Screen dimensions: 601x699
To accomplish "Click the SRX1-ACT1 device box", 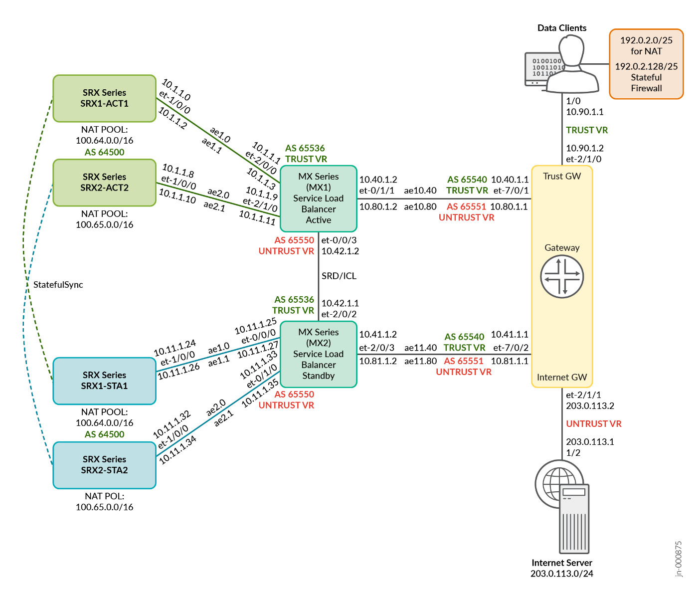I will [104, 98].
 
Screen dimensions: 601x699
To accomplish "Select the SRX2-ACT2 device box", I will [104, 183].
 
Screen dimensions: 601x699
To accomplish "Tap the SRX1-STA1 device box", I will [104, 381].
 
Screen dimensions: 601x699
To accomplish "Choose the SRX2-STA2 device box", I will [104, 465].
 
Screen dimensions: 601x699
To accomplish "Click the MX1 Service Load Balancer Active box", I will [318, 199].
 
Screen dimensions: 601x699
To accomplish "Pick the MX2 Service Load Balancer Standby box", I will [318, 354].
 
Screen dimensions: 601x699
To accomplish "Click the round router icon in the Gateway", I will [562, 277].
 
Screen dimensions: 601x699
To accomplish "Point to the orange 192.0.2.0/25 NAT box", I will [646, 64].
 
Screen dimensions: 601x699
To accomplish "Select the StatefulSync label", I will [58, 285].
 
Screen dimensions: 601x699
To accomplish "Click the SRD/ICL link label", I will [339, 276].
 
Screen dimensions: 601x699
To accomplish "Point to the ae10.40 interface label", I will [420, 191].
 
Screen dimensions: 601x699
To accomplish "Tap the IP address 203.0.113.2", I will [590, 405].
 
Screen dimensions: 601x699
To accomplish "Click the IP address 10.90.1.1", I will [584, 112].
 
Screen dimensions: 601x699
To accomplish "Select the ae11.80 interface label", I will [420, 361].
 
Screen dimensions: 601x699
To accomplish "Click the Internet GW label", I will [562, 377].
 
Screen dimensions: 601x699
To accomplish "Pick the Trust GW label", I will [562, 176].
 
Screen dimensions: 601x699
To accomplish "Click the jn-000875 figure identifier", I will [679, 559].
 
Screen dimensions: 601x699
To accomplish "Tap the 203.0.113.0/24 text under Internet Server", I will [562, 574].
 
